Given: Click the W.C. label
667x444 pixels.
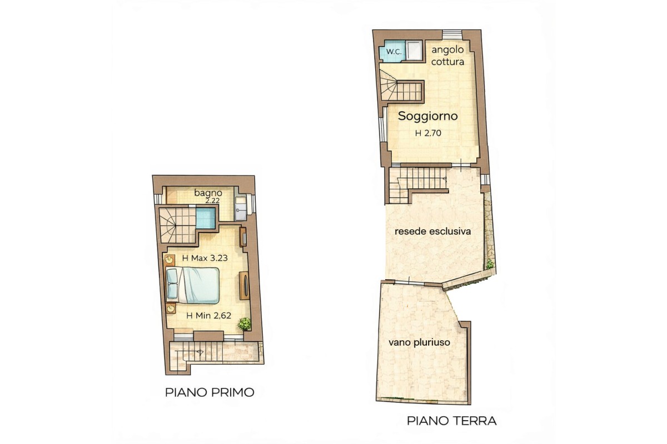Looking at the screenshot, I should (394, 52).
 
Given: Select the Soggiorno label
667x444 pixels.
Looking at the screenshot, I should (428, 117).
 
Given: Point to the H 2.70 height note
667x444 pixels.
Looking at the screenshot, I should (428, 133).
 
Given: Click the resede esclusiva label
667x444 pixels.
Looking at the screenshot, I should (433, 231).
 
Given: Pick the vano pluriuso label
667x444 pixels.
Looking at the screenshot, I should (419, 343).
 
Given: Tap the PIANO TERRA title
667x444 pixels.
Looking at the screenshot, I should (452, 421).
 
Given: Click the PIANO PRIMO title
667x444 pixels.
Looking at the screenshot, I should (210, 392).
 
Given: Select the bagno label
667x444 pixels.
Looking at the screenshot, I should (208, 193).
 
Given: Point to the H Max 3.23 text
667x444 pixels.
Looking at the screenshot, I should (205, 258).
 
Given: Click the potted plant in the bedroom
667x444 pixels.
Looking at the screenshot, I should (243, 323).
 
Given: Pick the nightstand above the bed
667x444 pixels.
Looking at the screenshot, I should (170, 260).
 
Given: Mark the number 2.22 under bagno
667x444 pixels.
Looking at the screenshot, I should (211, 200).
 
